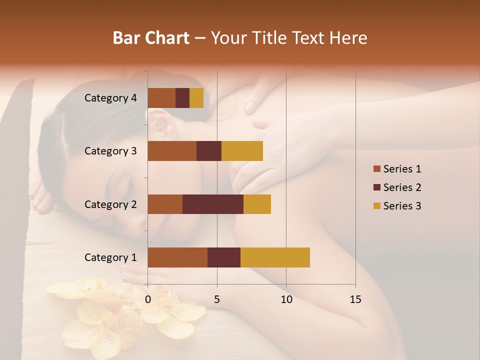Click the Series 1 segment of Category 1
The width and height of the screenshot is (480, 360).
click(x=177, y=257)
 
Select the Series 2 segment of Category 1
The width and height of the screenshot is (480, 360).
click(x=224, y=257)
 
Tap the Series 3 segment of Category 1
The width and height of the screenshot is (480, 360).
click(x=275, y=257)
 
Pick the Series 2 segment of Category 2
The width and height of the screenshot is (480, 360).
click(x=213, y=204)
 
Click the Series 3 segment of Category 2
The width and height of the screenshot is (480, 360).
click(x=257, y=204)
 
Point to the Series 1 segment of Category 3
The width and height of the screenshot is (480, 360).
click(x=172, y=151)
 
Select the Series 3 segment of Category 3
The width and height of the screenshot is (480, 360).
click(x=242, y=151)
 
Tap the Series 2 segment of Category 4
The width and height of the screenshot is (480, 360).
click(x=182, y=98)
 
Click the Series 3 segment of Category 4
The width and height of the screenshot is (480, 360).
click(x=196, y=98)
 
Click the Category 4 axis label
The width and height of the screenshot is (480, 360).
click(x=110, y=98)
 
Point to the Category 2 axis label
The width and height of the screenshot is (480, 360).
click(x=110, y=204)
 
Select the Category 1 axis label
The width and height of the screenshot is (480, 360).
click(x=110, y=257)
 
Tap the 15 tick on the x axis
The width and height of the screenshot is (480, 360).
click(x=355, y=299)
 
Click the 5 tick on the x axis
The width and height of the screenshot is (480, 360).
click(x=217, y=299)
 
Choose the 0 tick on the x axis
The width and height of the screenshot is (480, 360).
click(x=148, y=299)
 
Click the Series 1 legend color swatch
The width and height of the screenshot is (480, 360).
click(x=376, y=169)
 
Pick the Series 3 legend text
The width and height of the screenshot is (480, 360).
click(x=402, y=206)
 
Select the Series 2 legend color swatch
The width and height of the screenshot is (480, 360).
click(x=376, y=187)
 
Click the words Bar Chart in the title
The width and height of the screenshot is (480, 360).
click(x=151, y=38)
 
